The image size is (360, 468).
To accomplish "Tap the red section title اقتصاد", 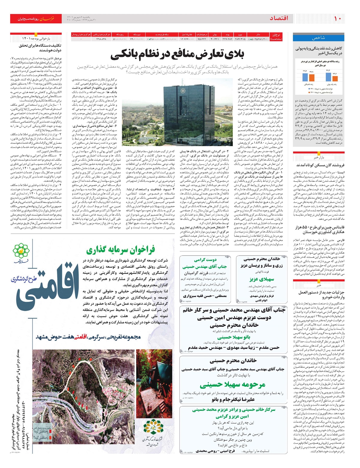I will coord(279,19).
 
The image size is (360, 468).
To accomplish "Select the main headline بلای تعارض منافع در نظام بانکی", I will coord(177,55).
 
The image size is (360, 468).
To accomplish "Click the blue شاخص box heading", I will coord(318,38).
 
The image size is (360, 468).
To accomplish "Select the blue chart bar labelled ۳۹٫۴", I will coord(305,76).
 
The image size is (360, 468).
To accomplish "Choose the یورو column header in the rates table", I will coord(240,35).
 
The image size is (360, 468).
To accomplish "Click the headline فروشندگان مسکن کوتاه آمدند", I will coord(320,165).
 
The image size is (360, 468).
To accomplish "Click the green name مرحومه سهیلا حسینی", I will coord(232,384).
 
